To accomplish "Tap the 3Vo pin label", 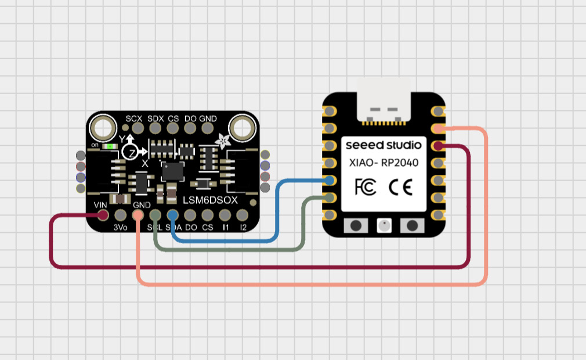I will [120, 227].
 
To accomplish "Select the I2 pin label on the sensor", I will [243, 227].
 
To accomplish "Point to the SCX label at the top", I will [134, 118].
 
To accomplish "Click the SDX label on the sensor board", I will [155, 118].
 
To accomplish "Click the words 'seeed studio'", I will [384, 145].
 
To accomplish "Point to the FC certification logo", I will [365, 186].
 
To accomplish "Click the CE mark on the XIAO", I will [400, 186].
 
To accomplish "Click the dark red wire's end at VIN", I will [103, 215].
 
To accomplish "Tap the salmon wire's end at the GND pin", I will [138, 215].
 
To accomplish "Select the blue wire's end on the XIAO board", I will [329, 180].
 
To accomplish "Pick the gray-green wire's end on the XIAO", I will [329, 198].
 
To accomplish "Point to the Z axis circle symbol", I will [129, 152].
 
